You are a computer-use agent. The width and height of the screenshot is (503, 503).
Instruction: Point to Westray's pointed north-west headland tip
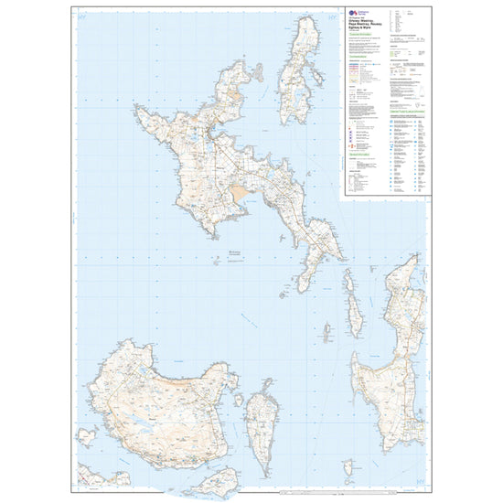point(136,108)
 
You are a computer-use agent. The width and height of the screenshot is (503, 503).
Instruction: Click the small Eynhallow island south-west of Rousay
point(87,434)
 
